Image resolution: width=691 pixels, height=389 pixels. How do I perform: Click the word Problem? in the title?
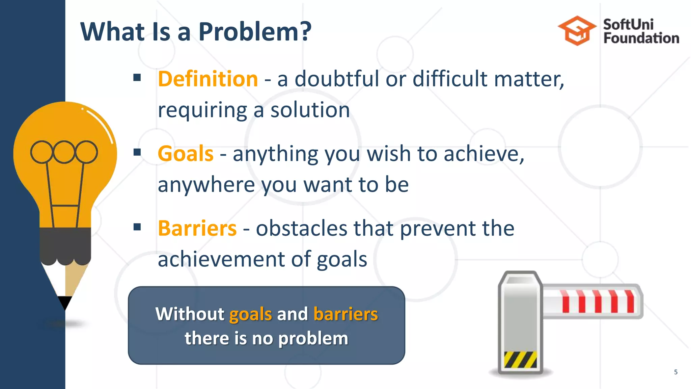[255, 32]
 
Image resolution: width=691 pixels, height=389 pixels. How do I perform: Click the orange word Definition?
[208, 79]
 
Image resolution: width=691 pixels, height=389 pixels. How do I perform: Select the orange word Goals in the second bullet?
[186, 154]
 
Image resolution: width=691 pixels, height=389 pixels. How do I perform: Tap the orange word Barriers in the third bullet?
[197, 229]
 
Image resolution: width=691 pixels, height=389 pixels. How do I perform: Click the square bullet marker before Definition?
[137, 78]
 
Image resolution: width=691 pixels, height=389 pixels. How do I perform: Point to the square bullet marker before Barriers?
[137, 227]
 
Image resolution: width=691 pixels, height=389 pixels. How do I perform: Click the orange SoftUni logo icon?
[577, 30]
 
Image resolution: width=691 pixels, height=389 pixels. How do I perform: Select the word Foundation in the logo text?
[641, 38]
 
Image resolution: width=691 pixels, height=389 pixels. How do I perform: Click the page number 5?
[675, 372]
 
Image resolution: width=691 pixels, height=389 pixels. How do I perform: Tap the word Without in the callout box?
[190, 314]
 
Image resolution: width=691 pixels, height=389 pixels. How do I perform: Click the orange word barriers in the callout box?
[345, 314]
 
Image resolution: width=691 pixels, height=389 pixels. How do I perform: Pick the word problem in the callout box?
[313, 338]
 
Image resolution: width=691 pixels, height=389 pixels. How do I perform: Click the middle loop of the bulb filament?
[64, 152]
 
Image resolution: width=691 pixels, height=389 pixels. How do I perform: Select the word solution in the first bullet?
[310, 110]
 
